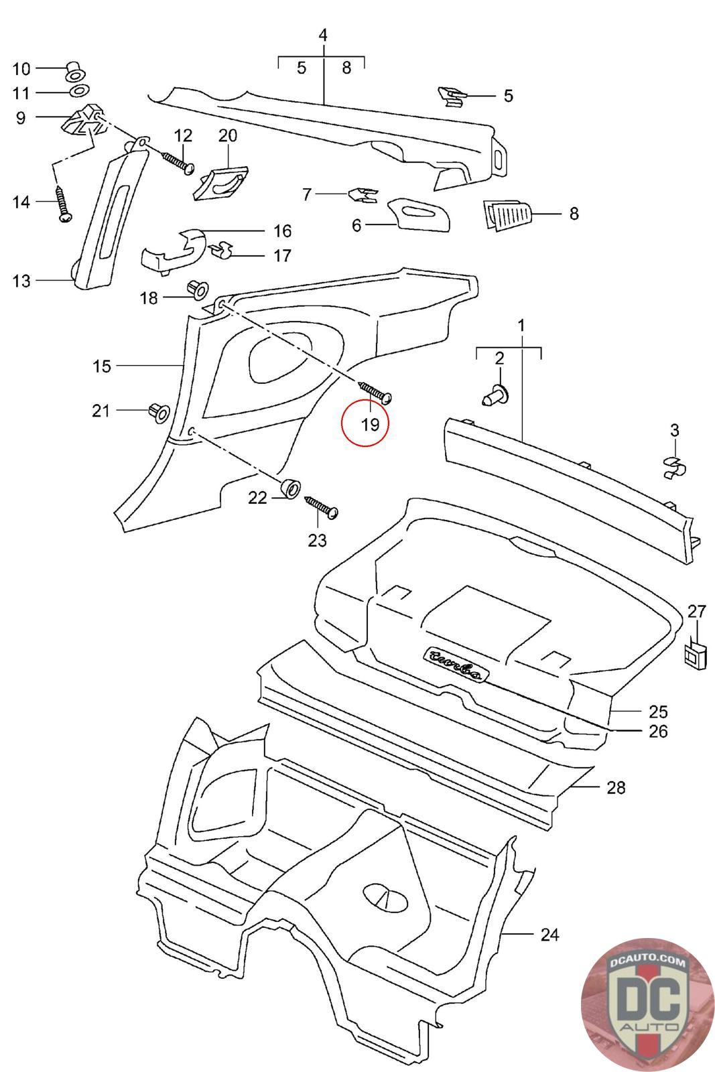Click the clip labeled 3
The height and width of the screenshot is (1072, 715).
tap(674, 466)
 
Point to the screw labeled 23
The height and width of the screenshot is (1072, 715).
tap(322, 507)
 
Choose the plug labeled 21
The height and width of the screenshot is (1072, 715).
tap(158, 411)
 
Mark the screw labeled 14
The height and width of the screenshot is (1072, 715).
tap(63, 204)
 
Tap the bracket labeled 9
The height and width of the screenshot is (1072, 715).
tap(82, 121)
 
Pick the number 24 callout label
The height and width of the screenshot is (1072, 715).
tap(549, 934)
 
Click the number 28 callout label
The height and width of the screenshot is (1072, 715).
tap(615, 787)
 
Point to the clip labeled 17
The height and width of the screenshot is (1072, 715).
tap(222, 252)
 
